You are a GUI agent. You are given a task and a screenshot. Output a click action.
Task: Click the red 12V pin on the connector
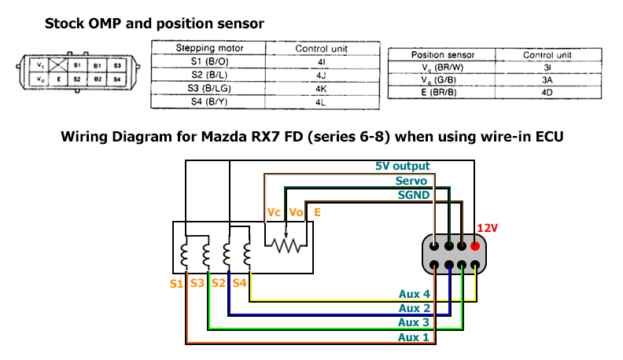click(x=475, y=245)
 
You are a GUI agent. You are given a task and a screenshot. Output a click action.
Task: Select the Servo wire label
click(x=411, y=181)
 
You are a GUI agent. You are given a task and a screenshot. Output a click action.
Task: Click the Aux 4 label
click(x=414, y=295)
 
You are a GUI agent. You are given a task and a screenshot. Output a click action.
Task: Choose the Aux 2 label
click(x=414, y=309)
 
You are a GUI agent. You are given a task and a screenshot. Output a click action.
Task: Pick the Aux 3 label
click(x=414, y=322)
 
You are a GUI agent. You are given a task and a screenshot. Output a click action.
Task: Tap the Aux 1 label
click(x=414, y=336)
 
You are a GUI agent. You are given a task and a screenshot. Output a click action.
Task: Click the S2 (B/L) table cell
click(x=209, y=75)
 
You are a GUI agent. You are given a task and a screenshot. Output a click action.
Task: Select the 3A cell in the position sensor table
click(x=547, y=81)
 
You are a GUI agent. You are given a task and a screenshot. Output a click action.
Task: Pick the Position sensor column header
click(x=443, y=55)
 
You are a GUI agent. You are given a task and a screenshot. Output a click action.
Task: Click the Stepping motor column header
click(x=209, y=48)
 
